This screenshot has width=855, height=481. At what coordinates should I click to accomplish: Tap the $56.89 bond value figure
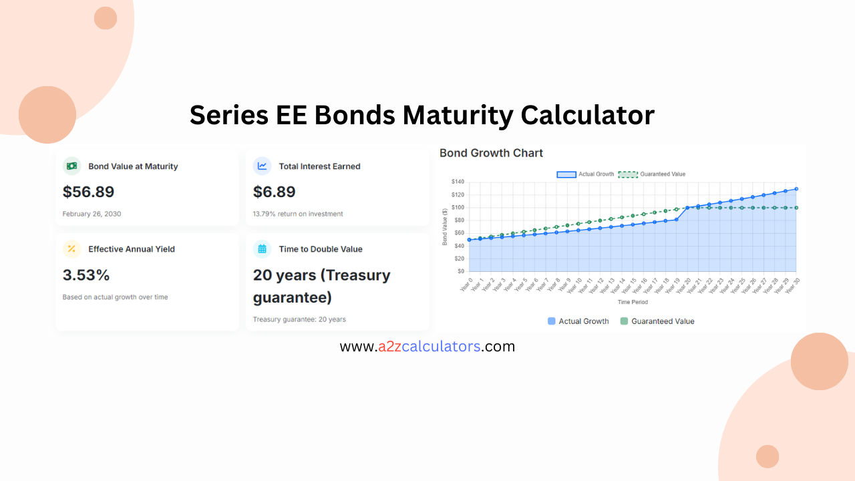point(88,192)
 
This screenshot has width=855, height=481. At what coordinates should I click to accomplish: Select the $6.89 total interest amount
point(274,192)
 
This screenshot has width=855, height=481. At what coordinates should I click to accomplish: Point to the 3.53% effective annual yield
point(85,275)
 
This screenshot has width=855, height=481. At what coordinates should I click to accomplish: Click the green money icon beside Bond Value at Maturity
point(71,166)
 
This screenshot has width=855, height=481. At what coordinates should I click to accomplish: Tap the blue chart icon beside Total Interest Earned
point(262,166)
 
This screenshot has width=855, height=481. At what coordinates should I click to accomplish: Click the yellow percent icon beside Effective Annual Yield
point(71,249)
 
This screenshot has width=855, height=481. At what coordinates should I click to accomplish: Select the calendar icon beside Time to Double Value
point(262,249)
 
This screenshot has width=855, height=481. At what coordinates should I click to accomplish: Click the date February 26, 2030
point(92,214)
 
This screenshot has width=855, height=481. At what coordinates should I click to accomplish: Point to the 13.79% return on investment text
point(297,214)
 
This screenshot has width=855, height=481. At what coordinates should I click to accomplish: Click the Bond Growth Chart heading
point(491,153)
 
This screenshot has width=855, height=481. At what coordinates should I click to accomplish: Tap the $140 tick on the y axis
point(458,182)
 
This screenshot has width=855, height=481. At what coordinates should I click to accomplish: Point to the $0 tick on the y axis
point(460,271)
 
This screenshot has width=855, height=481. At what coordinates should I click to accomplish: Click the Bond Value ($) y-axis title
point(445,226)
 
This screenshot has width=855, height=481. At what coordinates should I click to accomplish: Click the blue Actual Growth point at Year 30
point(796,189)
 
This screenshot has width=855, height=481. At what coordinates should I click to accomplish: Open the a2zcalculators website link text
point(427,347)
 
